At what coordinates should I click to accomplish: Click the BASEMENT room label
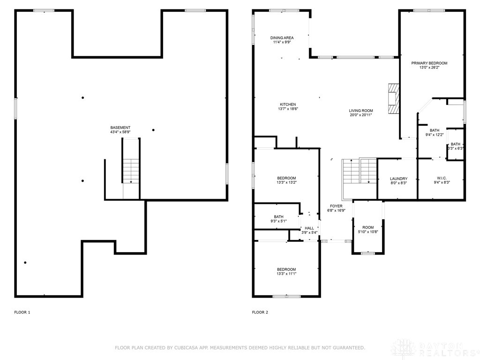pos(120,127)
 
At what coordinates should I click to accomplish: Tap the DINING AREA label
pos(282,38)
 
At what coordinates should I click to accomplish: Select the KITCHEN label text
pos(288,105)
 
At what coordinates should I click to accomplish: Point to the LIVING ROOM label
pos(360,111)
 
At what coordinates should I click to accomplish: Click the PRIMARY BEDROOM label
pos(429,63)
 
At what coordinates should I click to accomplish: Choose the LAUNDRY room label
pos(398,179)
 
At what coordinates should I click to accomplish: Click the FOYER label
pos(336,206)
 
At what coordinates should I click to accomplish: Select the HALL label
pos(309,228)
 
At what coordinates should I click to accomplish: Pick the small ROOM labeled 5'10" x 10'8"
pos(367,227)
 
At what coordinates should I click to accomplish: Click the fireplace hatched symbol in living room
pos(393,99)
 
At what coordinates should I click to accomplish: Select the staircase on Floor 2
pos(360,171)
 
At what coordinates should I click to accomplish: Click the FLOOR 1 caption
pos(22,312)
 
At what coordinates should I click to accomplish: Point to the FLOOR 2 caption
pos(260,312)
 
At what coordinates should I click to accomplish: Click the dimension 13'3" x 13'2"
pos(286,183)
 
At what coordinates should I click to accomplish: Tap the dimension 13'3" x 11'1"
pos(286,274)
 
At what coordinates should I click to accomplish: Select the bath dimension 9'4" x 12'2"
pos(435,135)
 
